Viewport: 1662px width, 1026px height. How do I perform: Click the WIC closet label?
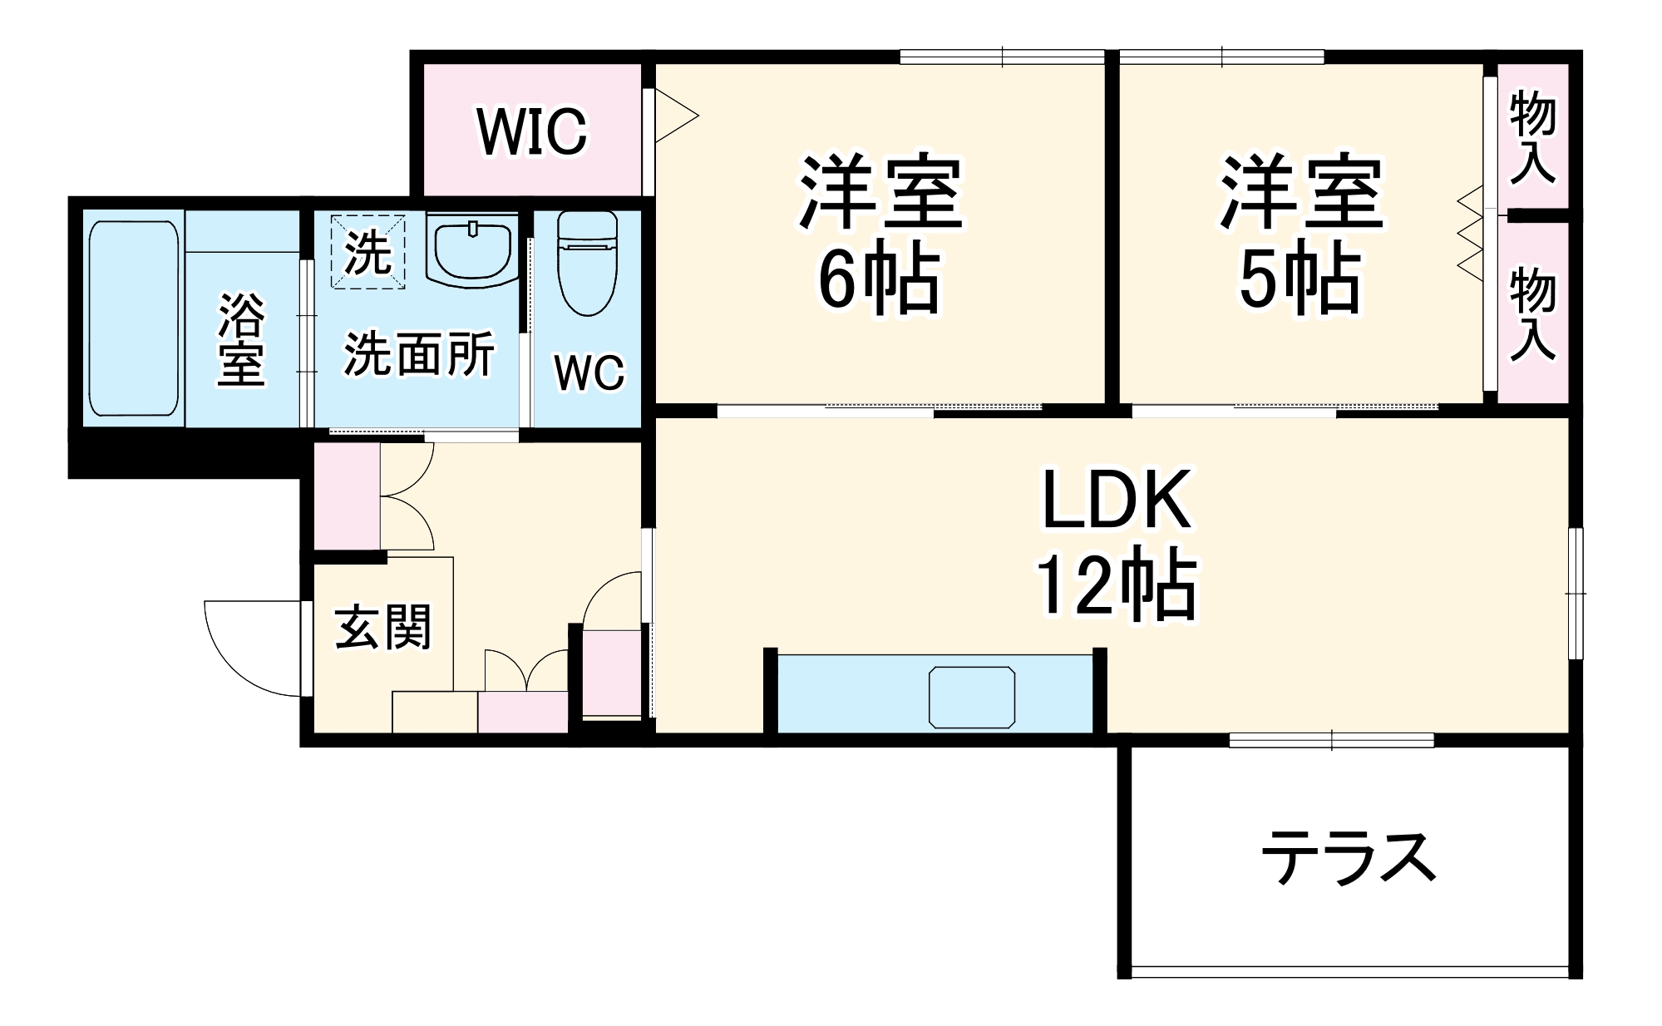click(x=532, y=131)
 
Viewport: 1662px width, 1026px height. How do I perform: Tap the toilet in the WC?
click(x=587, y=263)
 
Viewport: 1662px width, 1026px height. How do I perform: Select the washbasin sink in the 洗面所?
click(x=471, y=249)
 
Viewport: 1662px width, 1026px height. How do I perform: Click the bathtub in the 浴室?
click(x=134, y=318)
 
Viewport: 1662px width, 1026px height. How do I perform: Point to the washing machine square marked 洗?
click(x=367, y=252)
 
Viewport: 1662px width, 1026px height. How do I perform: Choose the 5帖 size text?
click(x=1300, y=279)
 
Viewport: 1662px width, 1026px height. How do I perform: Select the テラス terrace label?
click(x=1349, y=857)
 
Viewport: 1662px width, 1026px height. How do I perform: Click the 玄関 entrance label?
click(x=383, y=627)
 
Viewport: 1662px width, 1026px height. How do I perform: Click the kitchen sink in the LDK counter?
click(x=972, y=697)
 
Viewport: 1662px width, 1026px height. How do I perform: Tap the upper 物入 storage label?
click(x=1532, y=137)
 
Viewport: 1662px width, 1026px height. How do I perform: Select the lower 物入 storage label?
click(x=1532, y=313)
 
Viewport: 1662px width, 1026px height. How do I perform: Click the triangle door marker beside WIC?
click(x=675, y=117)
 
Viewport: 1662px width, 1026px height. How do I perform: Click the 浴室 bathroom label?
click(x=241, y=338)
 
